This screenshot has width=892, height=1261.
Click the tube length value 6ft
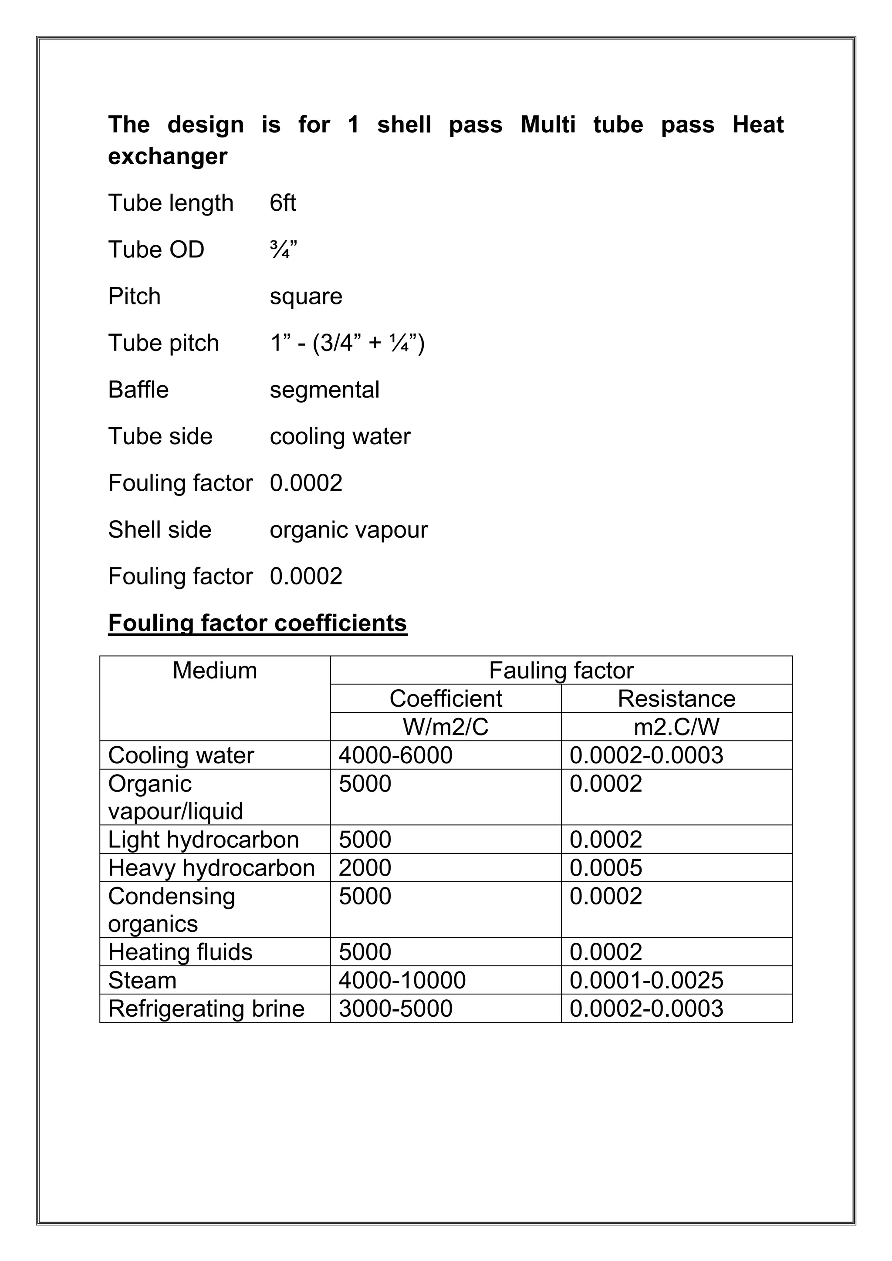point(282,203)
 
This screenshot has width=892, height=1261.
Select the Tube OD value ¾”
point(283,250)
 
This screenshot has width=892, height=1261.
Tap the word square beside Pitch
point(306,297)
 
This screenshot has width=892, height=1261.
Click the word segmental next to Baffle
point(324,390)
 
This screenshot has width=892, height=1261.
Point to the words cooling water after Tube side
point(340,437)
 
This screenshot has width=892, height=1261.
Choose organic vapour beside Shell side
point(348,530)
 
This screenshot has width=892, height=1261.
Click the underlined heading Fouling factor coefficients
point(257,624)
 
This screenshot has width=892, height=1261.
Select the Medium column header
point(215,671)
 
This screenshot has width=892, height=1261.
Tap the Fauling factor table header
point(561,671)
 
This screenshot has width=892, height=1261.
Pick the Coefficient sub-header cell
point(446,698)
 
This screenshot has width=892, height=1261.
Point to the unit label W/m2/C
point(446,727)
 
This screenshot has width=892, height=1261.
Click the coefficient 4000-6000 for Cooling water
point(395,755)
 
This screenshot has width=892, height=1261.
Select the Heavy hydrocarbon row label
point(212,868)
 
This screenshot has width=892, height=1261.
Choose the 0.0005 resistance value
point(605,868)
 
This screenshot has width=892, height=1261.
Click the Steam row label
point(142,980)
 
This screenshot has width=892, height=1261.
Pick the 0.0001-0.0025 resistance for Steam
point(646,980)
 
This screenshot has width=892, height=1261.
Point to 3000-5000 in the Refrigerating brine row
point(395,1008)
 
